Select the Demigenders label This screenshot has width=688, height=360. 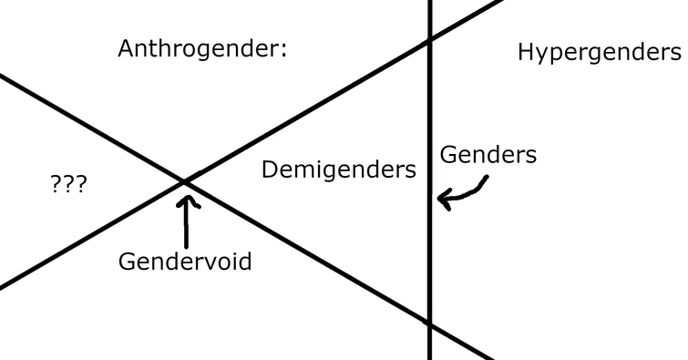(x=339, y=170)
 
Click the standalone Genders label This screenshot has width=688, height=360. (x=488, y=155)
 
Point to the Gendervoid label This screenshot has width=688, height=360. (x=185, y=262)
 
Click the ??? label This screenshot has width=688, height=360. (x=68, y=186)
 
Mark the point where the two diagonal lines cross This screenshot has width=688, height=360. (x=186, y=182)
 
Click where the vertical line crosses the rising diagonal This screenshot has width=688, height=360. (x=430, y=40)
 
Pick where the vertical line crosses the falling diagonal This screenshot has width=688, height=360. (x=430, y=324)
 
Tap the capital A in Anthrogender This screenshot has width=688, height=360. (x=127, y=48)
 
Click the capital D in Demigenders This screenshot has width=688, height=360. (x=270, y=169)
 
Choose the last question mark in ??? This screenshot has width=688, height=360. (x=81, y=186)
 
